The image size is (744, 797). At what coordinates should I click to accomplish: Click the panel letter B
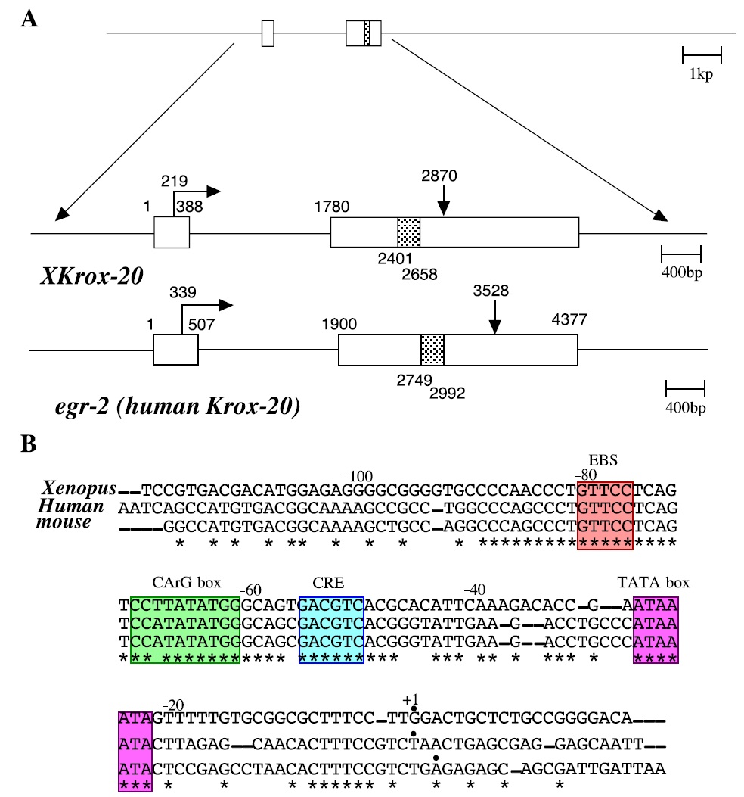pos(29,444)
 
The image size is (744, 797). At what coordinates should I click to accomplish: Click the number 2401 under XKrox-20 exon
pos(395,257)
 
